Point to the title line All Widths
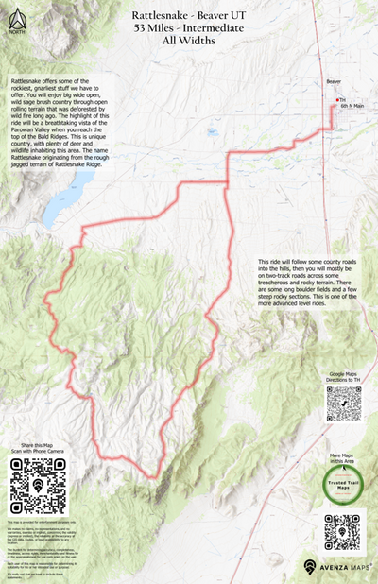point(189,43)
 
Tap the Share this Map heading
point(35,444)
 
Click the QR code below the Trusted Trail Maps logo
point(341,531)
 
